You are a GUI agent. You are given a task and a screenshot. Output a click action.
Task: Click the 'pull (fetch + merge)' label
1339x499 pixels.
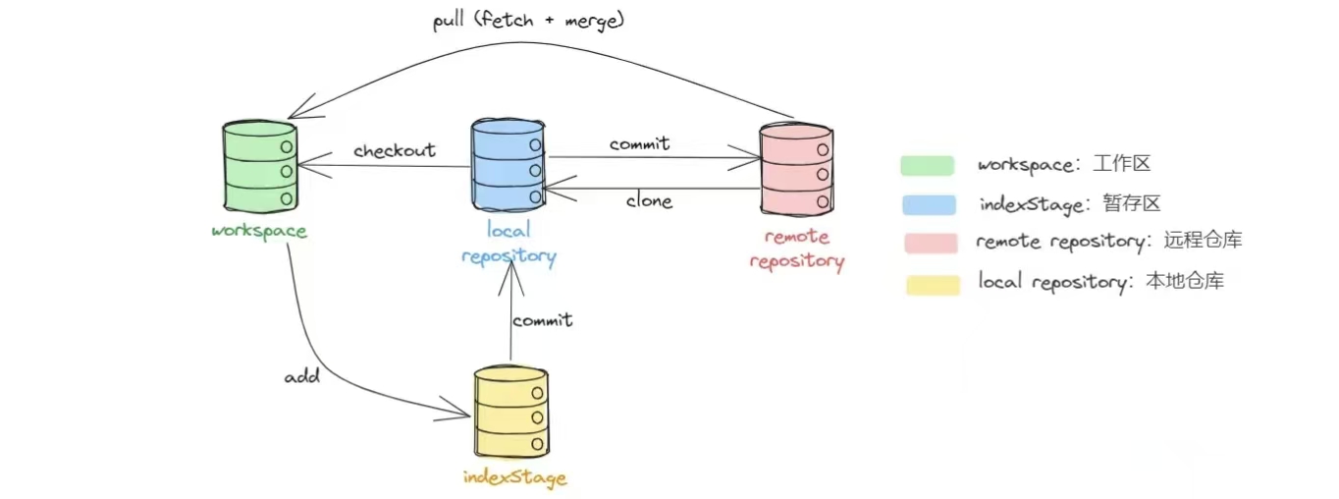[528, 21]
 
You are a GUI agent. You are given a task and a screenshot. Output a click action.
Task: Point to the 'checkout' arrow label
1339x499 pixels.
[395, 150]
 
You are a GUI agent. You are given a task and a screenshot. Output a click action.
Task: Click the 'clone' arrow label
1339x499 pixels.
[649, 201]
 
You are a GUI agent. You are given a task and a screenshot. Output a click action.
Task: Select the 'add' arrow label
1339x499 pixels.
[301, 376]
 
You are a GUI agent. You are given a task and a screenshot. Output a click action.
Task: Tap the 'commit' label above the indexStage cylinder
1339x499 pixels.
[542, 319]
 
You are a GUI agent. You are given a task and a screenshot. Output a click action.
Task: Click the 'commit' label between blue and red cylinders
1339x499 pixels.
[639, 143]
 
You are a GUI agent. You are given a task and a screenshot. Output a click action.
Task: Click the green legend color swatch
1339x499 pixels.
[928, 165]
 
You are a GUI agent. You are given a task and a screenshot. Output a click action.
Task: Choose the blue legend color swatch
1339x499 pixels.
[928, 204]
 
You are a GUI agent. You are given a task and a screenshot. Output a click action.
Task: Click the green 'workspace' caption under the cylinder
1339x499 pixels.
[259, 232]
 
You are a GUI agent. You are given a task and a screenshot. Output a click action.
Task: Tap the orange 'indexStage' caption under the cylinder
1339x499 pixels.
[515, 478]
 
